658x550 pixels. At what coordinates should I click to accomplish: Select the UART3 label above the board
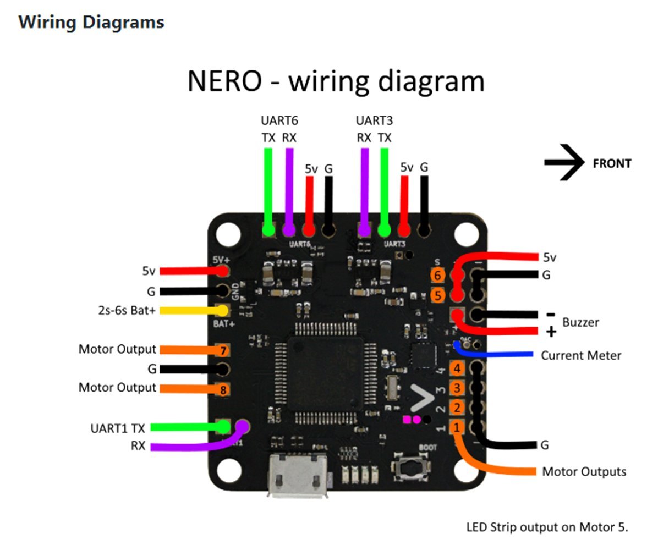pos(375,120)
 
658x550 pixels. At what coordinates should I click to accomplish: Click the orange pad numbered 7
pos(222,350)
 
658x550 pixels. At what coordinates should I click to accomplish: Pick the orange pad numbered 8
pos(222,389)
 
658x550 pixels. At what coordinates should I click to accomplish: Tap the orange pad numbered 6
pos(437,276)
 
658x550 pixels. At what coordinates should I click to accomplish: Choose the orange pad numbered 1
pos(457,427)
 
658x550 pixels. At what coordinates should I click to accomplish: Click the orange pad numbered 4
pos(457,369)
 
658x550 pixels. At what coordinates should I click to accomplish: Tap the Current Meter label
pos(581,355)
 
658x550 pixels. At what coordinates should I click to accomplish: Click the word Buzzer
pos(580,322)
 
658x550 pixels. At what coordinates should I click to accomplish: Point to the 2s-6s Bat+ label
pos(124,310)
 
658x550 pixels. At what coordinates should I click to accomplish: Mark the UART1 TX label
pos(118,428)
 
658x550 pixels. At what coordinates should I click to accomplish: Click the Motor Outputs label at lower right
pos(584,471)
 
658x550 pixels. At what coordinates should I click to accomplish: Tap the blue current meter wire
pos(495,354)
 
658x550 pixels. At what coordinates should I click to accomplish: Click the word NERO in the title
pos(224,81)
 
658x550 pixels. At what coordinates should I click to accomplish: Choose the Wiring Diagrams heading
pos(91,23)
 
